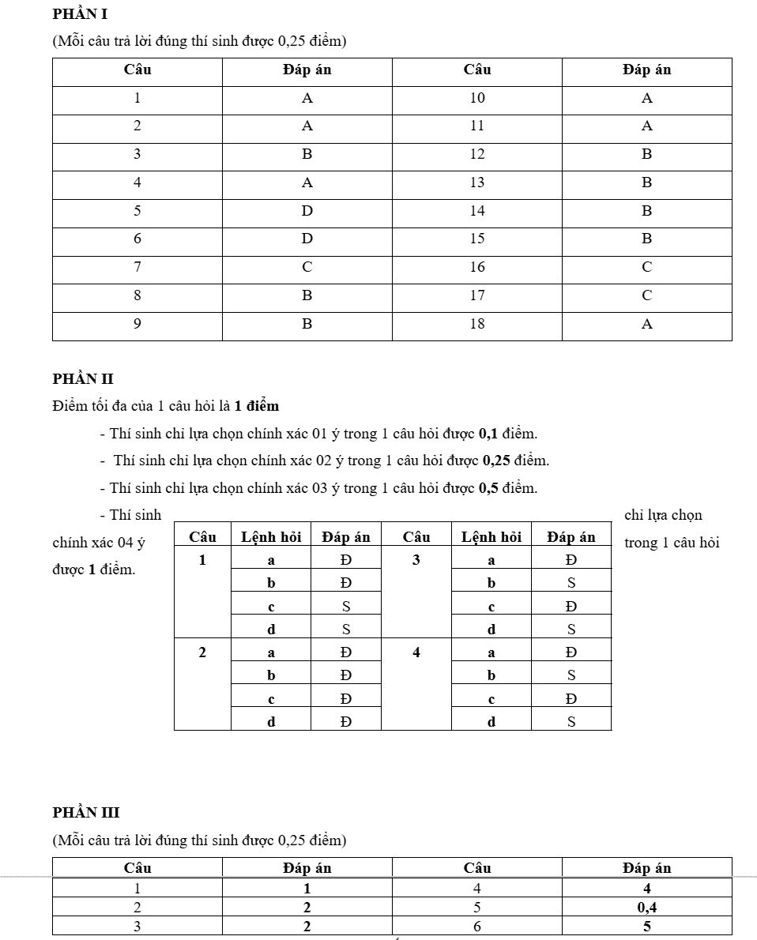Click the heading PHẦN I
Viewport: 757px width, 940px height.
click(x=80, y=13)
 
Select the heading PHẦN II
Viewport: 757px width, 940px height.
click(x=83, y=379)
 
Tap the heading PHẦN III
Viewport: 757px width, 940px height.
click(x=86, y=812)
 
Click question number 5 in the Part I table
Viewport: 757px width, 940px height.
click(x=137, y=211)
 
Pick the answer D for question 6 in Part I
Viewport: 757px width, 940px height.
click(x=307, y=239)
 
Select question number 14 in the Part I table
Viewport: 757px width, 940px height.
click(x=477, y=211)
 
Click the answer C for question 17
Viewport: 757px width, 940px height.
click(x=647, y=295)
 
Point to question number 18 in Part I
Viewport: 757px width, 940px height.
click(x=477, y=324)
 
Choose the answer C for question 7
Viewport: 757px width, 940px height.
click(x=307, y=267)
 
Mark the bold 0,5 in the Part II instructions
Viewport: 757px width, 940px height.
click(x=488, y=488)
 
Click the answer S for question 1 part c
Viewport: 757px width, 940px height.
click(x=346, y=607)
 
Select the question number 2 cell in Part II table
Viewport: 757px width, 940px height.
click(x=202, y=652)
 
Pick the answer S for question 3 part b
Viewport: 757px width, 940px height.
click(x=571, y=583)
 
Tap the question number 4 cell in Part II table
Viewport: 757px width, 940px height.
click(x=416, y=652)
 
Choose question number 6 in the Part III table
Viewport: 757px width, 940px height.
click(x=477, y=927)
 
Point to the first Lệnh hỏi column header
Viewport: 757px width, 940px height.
click(x=271, y=537)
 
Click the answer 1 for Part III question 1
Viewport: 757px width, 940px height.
click(x=307, y=888)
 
